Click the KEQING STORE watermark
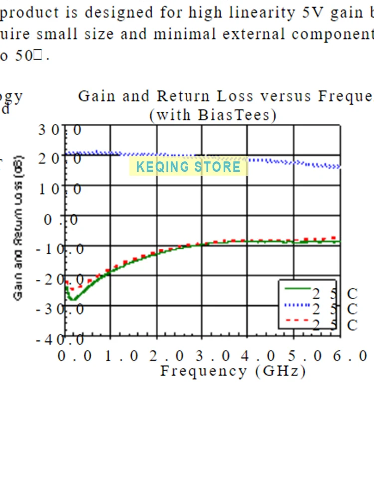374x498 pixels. point(188,166)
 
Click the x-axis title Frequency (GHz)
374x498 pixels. point(232,372)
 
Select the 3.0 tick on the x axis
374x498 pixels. point(203,357)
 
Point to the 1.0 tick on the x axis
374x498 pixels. point(112,357)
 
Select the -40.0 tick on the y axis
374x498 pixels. point(59,340)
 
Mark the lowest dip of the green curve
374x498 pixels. point(73,299)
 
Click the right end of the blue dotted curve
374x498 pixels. point(339,167)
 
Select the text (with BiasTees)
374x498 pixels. point(213,115)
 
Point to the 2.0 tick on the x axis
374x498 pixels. point(158,357)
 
